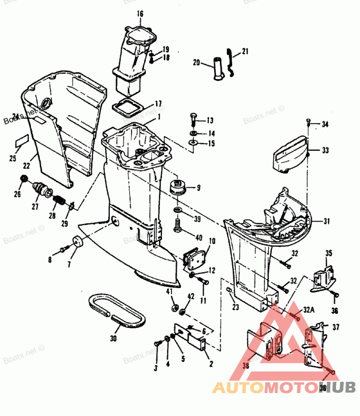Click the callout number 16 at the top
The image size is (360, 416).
[x=140, y=14]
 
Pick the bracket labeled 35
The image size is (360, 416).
[x=324, y=274]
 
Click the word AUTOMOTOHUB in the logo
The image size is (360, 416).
[x=284, y=387]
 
